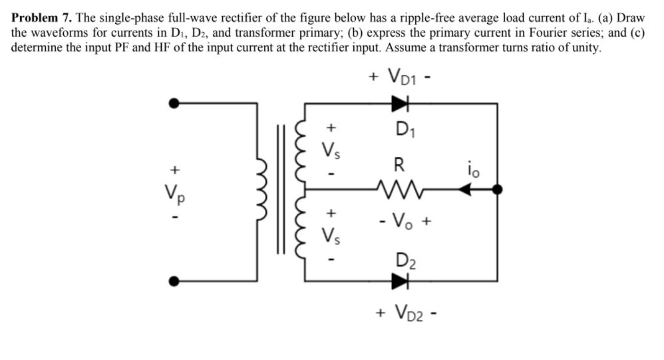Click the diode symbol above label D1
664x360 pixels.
click(x=399, y=103)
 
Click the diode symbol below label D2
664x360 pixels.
click(x=399, y=281)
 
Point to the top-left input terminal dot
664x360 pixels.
click(x=174, y=103)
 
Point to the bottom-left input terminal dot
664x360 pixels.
click(x=174, y=281)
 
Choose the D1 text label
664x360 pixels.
click(x=403, y=128)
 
